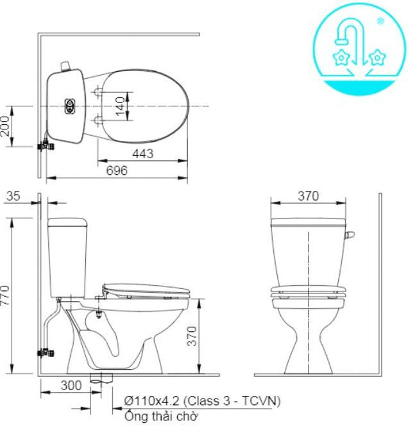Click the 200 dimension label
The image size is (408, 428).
[6, 126]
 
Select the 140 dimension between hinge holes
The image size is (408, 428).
[119, 106]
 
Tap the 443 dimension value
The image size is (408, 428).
[144, 154]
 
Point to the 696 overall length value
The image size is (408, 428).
[117, 170]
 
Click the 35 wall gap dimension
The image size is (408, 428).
[13, 197]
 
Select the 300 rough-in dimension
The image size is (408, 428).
[71, 385]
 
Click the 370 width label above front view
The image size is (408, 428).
[308, 196]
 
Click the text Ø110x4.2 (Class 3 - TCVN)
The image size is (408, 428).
[201, 400]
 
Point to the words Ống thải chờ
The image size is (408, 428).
[160, 416]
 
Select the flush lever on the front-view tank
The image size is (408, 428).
[350, 236]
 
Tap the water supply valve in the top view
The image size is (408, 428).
[46, 145]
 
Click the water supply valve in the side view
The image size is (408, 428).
[46, 352]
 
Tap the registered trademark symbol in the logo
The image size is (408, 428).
[380, 21]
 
